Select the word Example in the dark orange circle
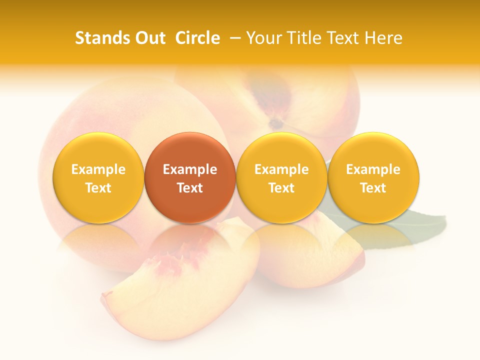pos(190,169)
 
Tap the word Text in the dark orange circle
pos(190,188)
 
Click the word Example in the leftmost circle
pos(98,169)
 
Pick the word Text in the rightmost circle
pos(373,188)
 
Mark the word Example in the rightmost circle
pos(373,169)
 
